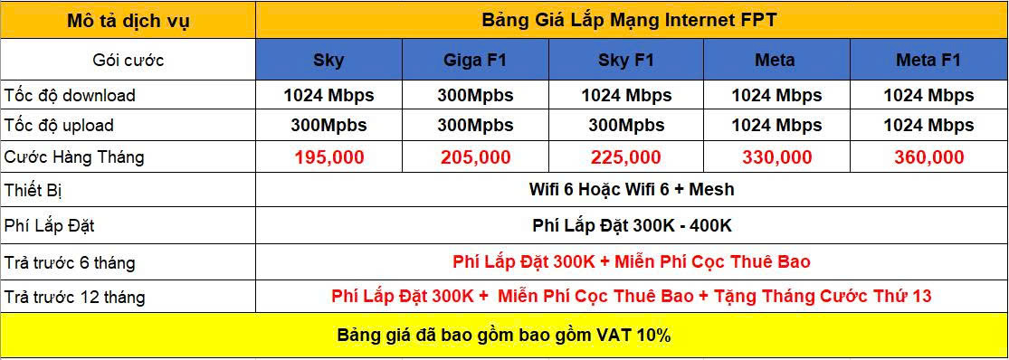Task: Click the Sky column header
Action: [328, 61]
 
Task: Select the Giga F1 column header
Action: [475, 61]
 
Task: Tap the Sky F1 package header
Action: [626, 61]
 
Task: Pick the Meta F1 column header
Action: [928, 61]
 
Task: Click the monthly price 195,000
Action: [329, 156]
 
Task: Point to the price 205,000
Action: [476, 156]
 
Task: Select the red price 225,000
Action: [626, 156]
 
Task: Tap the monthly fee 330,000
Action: [776, 156]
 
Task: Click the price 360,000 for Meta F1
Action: [928, 156]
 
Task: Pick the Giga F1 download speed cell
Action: [476, 96]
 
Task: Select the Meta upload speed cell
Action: [776, 126]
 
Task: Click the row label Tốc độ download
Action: [70, 96]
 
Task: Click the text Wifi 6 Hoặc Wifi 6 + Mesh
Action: [632, 190]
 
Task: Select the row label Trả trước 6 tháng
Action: [70, 263]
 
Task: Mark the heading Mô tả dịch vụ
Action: [129, 21]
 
